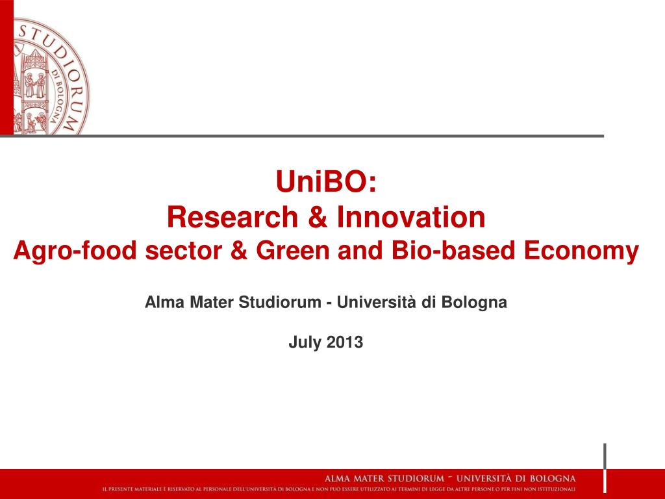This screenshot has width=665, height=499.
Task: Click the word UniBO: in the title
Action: (x=326, y=182)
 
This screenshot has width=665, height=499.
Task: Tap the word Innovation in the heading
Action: (x=410, y=217)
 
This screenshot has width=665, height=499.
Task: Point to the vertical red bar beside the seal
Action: (x=6, y=65)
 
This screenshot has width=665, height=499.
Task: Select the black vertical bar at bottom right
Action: (x=605, y=468)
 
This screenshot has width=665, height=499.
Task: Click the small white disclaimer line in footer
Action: (x=338, y=489)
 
